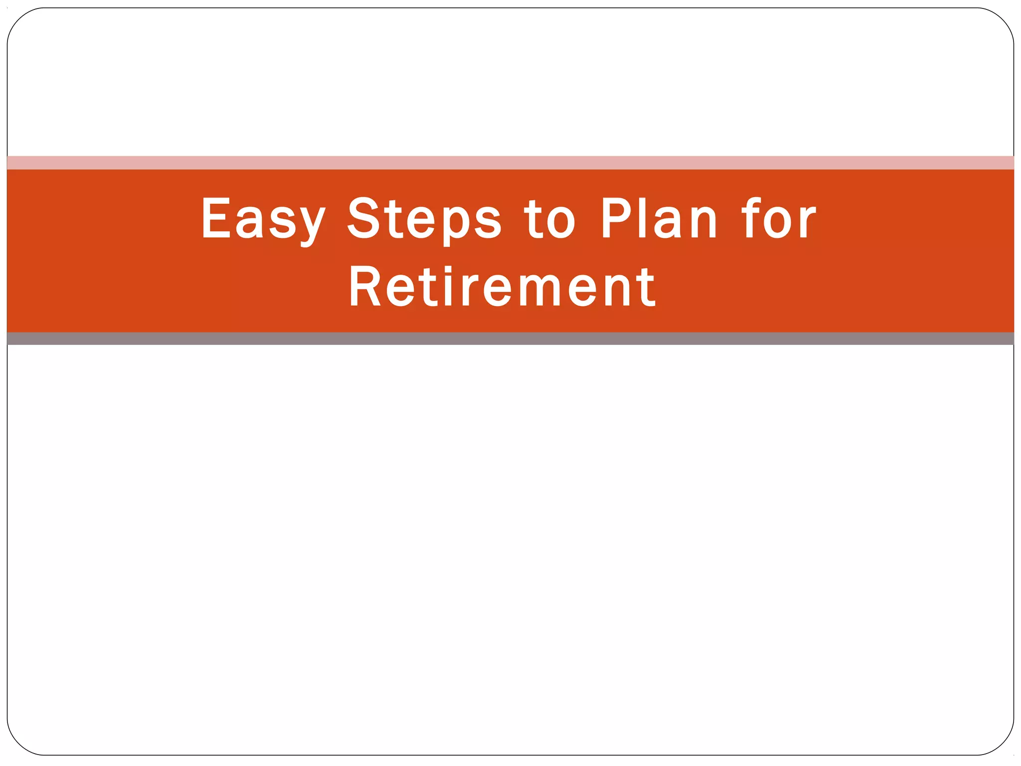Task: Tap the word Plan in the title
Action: [x=659, y=218]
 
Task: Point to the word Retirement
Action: [x=502, y=287]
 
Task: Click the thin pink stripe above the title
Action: [x=510, y=163]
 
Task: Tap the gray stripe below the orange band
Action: [x=510, y=339]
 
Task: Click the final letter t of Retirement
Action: [x=647, y=288]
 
